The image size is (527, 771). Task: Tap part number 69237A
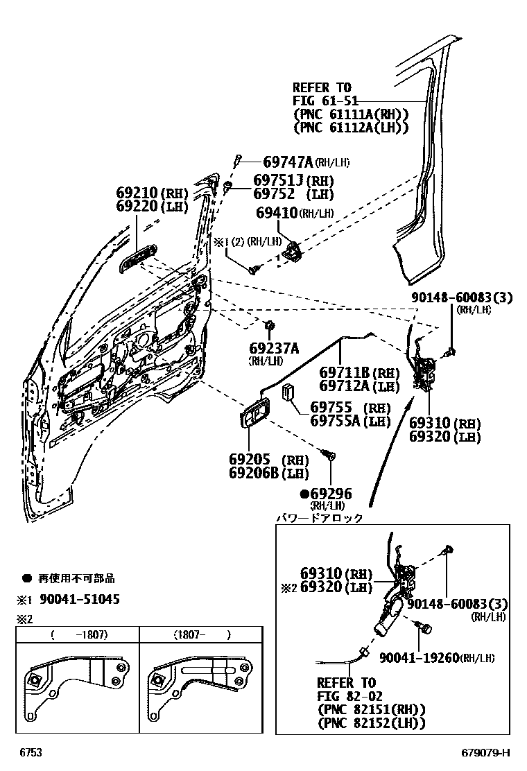275,348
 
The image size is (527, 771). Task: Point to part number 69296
330,494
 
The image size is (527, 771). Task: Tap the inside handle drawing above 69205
254,415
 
